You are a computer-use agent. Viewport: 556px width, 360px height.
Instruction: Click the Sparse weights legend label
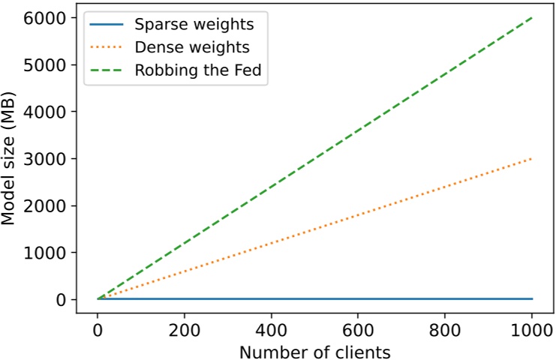[x=194, y=23]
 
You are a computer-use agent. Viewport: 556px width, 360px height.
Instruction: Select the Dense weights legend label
[x=192, y=47]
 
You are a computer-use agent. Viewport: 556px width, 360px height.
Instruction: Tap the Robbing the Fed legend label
[x=200, y=71]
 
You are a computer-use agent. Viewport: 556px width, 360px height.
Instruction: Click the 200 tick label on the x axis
[x=185, y=329]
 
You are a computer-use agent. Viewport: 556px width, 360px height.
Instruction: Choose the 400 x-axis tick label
[x=272, y=329]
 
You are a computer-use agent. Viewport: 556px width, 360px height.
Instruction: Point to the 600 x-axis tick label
[x=358, y=329]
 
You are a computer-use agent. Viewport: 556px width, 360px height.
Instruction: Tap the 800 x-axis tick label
[x=445, y=329]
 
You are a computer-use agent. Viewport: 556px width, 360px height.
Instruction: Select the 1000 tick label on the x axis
[x=532, y=329]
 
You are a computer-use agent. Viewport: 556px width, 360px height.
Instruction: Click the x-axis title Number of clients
[x=315, y=350]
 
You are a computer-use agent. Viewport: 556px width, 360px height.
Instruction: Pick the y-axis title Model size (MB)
[x=11, y=159]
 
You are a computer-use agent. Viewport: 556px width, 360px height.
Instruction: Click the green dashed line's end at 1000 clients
[x=532, y=17]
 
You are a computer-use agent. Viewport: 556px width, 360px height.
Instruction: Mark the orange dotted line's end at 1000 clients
[x=532, y=158]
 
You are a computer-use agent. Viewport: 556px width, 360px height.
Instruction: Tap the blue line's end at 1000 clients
[x=532, y=298]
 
